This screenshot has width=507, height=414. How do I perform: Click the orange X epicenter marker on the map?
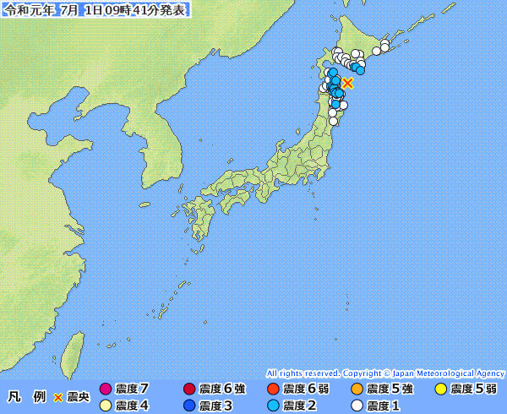[x=347, y=83]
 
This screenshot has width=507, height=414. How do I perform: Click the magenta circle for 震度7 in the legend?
[x=106, y=389]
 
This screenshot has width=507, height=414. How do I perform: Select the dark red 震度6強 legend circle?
[x=189, y=389]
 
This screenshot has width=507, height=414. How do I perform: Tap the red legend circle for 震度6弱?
[x=273, y=389]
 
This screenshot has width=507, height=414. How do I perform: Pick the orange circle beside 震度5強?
[x=357, y=389]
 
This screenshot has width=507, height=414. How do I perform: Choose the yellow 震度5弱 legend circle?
[x=440, y=389]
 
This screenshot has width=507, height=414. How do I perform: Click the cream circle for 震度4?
[x=106, y=406]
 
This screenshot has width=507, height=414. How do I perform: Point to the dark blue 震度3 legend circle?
[x=189, y=406]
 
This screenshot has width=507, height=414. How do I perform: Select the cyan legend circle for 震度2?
[x=273, y=406]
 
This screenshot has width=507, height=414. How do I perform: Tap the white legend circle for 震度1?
[x=357, y=406]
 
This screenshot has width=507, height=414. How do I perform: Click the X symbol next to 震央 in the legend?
[x=58, y=397]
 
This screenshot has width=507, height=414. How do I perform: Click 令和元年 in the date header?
[x=25, y=9]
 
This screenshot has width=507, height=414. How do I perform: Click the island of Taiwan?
[x=74, y=348]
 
